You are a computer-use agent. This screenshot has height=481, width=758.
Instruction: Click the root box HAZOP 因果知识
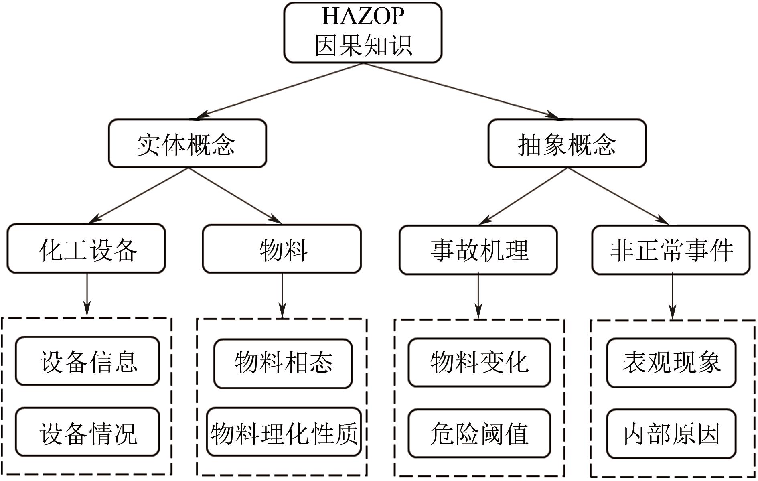pos(363,32)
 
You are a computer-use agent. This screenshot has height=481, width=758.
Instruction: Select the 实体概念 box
pos(187,143)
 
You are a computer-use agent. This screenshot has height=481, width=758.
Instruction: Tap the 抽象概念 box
pos(567,143)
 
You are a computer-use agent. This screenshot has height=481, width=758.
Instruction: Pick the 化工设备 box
pos(86,249)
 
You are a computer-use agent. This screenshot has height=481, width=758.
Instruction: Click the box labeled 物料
pos(282,249)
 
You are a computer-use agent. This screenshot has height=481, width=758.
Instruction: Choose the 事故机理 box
pos(478,250)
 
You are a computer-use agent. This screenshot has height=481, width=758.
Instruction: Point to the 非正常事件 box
pos(671,250)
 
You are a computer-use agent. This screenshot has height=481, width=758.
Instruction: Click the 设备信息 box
pos(87,361)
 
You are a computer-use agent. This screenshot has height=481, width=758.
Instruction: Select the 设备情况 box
pos(87,432)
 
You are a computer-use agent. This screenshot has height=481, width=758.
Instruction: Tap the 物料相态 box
pos(283,363)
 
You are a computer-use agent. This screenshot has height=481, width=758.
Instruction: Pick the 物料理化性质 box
pos(284,432)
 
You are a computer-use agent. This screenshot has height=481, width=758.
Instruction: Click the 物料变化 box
pos(479,362)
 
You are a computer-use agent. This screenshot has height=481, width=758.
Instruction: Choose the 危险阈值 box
pos(479,433)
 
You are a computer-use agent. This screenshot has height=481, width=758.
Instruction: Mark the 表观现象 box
pos(671,363)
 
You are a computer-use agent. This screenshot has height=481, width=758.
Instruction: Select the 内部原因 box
pos(671,433)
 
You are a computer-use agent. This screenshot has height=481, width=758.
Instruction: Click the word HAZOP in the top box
pos(363,16)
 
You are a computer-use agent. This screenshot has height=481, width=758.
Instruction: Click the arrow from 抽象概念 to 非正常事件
pos(618,196)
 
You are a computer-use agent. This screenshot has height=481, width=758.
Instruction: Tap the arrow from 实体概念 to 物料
pos(235,195)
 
